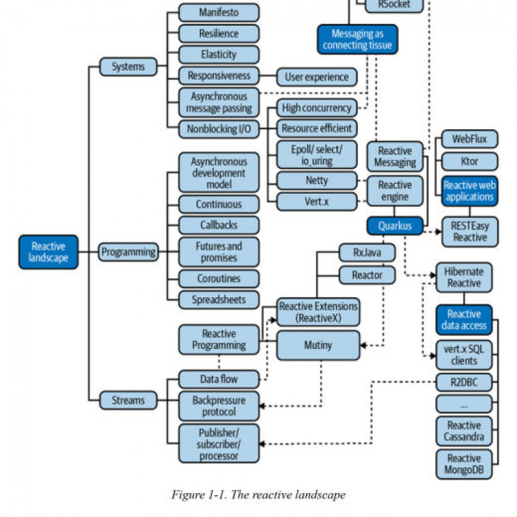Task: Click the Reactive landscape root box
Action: [x=48, y=251]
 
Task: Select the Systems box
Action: [x=129, y=66]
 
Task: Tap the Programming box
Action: [x=129, y=251]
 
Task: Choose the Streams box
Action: [x=129, y=400]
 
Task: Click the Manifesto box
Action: [x=218, y=12]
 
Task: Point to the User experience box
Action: [x=317, y=77]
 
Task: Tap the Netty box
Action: [x=317, y=180]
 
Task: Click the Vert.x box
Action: [x=317, y=201]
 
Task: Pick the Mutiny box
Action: [x=317, y=345]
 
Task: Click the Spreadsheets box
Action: [x=218, y=299]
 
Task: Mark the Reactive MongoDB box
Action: [x=463, y=464]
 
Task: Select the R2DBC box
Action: [x=463, y=382]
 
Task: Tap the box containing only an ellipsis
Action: [x=463, y=404]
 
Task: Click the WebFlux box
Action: [x=469, y=139]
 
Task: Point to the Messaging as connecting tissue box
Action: [x=357, y=39]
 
